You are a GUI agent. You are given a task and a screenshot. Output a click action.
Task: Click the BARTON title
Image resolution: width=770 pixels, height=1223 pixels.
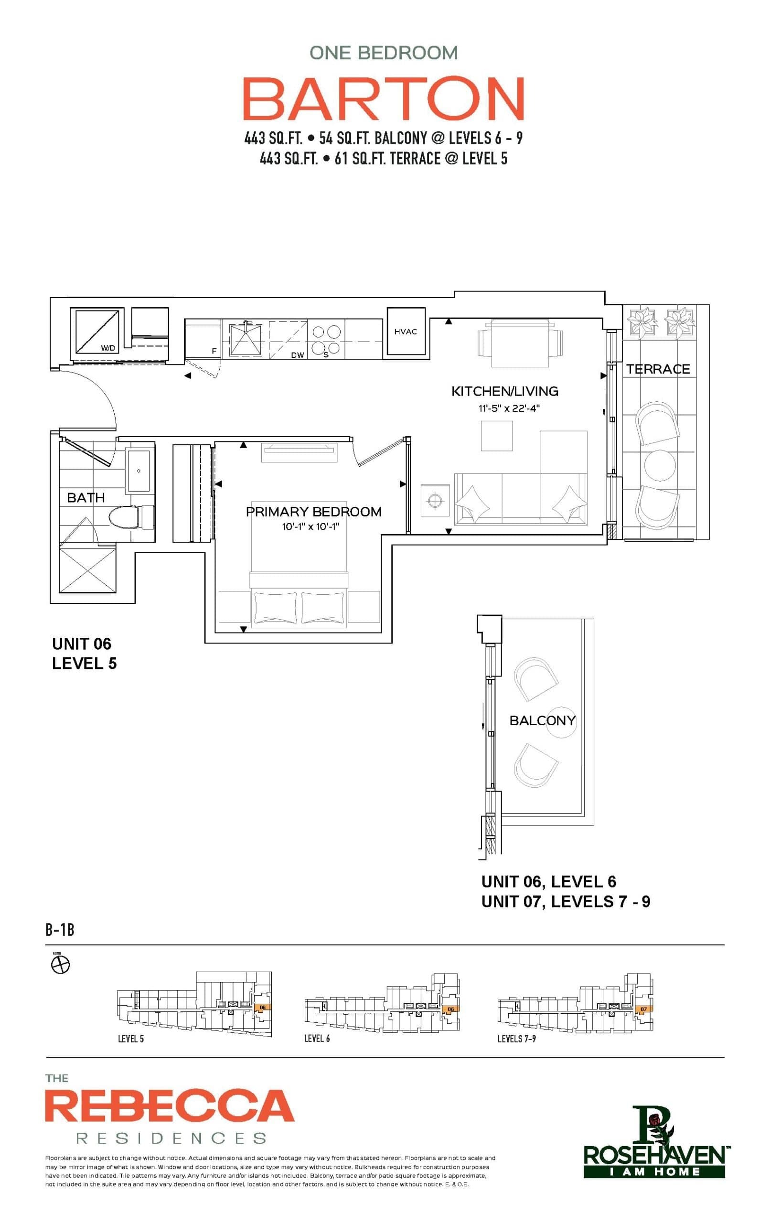(x=384, y=98)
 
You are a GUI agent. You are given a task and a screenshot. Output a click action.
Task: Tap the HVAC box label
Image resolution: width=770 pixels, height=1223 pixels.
(x=406, y=332)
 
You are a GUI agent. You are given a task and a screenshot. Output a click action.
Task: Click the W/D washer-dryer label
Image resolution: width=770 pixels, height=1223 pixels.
(x=107, y=348)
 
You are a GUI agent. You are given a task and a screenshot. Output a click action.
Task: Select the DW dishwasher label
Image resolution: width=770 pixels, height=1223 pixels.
(x=297, y=355)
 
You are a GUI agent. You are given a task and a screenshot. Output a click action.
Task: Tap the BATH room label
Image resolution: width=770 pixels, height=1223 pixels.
(x=86, y=497)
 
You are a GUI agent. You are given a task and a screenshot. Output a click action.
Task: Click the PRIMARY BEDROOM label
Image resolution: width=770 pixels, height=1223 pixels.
(x=313, y=512)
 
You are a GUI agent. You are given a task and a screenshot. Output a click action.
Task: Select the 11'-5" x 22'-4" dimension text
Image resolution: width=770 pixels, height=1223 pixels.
(x=508, y=408)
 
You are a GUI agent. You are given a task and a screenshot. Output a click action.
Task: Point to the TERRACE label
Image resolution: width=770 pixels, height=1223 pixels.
(x=658, y=369)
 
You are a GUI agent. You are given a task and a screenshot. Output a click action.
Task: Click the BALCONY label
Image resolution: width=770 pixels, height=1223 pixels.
(x=542, y=720)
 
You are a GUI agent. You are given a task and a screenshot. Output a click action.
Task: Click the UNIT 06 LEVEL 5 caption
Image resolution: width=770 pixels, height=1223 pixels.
(x=84, y=653)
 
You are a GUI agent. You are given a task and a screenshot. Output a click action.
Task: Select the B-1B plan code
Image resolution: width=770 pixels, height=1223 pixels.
(x=60, y=930)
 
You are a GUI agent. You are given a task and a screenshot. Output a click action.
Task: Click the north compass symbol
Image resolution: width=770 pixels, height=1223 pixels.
(x=61, y=965)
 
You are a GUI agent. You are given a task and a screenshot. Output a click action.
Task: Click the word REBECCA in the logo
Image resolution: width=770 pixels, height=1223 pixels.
(x=170, y=1106)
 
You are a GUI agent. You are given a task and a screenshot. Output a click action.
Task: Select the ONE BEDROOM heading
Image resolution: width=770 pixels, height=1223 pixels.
(x=384, y=53)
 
